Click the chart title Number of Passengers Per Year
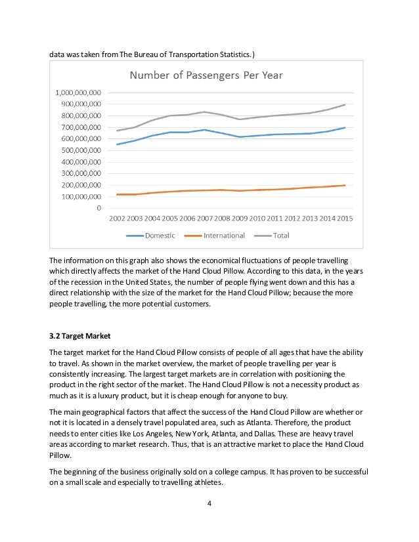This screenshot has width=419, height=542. click(206, 75)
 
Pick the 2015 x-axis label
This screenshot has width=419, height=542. click(345, 219)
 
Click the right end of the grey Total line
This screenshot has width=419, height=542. click(345, 104)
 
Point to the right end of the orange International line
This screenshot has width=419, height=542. click(345, 185)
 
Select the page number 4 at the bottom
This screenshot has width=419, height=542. click(209, 504)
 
